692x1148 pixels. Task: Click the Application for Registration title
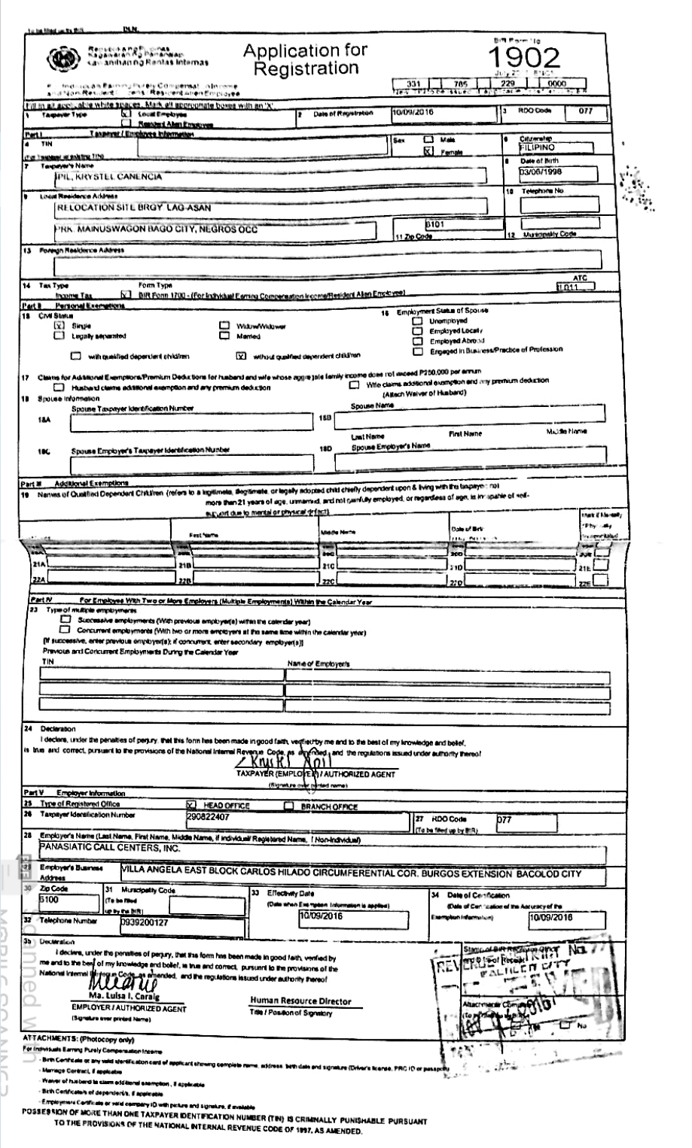[x=305, y=59]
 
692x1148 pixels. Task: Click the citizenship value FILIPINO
[x=531, y=147]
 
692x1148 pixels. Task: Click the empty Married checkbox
[x=223, y=336]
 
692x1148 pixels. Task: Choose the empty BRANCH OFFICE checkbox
[x=288, y=804]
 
